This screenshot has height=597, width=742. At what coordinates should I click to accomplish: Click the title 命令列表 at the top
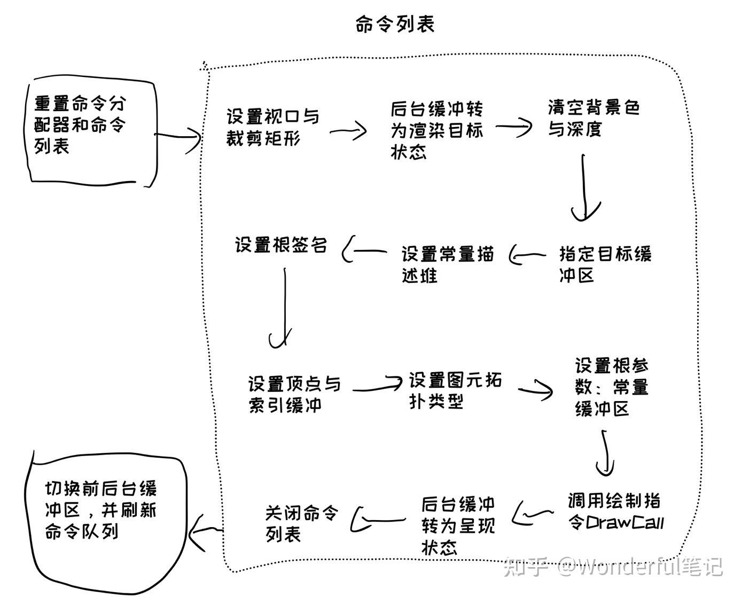coord(395,24)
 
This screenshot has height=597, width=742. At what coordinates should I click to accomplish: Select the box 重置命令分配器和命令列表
coord(80,124)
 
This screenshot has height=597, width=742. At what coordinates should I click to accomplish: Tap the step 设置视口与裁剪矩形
coord(272,128)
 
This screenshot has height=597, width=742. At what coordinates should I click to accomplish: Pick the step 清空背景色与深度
coord(593,118)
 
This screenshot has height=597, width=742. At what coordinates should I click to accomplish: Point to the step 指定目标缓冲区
coord(605,264)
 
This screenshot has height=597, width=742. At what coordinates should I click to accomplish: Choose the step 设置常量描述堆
coord(448,264)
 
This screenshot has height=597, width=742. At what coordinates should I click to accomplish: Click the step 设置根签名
coord(281,245)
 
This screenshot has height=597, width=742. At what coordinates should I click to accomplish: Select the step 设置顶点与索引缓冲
coord(294,394)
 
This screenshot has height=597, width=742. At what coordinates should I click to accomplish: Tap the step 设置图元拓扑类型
coord(455,390)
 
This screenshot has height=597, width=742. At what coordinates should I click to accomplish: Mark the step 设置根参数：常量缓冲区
coord(612,387)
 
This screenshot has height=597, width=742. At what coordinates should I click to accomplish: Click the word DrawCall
coord(625,522)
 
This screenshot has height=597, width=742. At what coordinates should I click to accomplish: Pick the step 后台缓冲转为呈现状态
coord(458,525)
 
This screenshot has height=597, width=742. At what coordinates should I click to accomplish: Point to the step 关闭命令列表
coord(302,523)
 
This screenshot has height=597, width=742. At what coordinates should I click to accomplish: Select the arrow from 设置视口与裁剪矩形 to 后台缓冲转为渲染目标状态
coord(348,130)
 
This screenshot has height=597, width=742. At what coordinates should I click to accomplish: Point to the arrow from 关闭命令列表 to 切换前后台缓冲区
coord(206,531)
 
